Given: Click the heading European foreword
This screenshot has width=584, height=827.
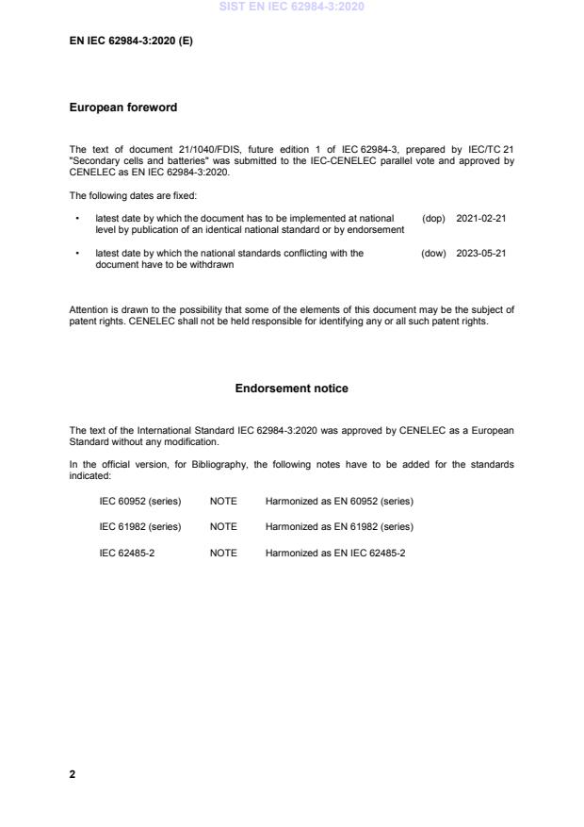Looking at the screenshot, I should click(122, 108).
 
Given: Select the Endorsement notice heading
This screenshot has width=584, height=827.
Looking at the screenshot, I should click(291, 388).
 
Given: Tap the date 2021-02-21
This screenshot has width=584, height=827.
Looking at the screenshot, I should click(481, 218).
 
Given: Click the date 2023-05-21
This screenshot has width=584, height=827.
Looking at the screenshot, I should click(481, 253).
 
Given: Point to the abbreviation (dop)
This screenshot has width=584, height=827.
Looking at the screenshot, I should click(433, 218).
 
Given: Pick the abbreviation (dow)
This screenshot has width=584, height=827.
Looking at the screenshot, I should click(433, 253).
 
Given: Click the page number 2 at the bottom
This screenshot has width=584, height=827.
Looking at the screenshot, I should click(73, 774).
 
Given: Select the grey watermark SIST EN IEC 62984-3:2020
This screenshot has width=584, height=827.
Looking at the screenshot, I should click(291, 7).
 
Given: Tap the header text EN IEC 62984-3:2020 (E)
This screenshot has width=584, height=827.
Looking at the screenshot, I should click(131, 41).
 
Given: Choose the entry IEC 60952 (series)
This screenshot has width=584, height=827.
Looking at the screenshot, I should click(140, 501).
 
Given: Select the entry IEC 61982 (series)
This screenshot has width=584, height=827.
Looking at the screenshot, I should click(140, 526).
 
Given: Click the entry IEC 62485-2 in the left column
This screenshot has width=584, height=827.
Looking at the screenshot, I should click(127, 552).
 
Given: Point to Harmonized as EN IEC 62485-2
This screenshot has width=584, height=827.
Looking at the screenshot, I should click(335, 552).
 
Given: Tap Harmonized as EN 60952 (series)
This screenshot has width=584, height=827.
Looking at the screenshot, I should click(339, 501).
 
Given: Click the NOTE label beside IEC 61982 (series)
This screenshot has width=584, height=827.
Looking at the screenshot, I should click(223, 526).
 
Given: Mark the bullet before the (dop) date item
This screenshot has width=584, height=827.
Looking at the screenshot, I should click(76, 218).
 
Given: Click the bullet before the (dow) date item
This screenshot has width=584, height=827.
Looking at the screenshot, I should click(76, 253).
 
